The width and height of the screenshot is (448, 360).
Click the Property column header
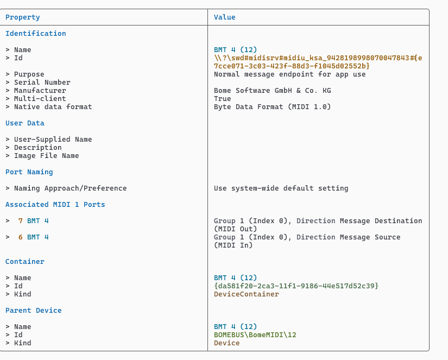(23, 17)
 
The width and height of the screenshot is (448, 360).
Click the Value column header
(224, 17)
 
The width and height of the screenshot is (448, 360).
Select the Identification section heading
(35, 34)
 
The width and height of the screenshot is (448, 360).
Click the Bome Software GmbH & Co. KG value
(272, 91)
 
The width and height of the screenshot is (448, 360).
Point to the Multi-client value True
(223, 99)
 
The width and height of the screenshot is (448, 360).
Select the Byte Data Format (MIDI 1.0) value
(272, 107)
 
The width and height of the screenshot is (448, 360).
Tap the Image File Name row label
(46, 156)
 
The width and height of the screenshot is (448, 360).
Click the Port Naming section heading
(29, 172)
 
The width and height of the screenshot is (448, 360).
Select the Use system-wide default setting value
(281, 188)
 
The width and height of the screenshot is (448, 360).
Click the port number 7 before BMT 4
(21, 221)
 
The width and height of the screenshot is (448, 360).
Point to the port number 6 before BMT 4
(21, 237)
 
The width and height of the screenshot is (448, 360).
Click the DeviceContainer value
(246, 294)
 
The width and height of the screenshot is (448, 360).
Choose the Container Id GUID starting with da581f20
(296, 286)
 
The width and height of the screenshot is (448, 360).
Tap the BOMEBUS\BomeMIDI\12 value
(255, 335)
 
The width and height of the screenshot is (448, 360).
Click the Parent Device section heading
(33, 311)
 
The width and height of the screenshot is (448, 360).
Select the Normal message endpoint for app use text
(289, 74)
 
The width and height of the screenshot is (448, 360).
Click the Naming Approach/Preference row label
(70, 188)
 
